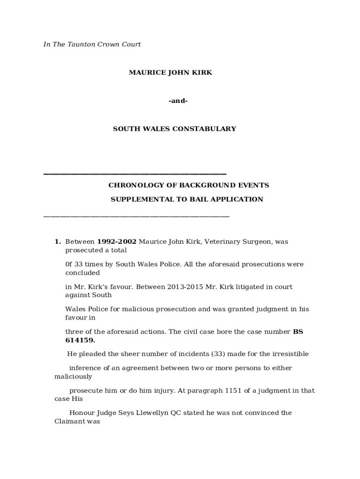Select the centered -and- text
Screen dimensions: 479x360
point(178,101)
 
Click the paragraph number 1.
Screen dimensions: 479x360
point(58,242)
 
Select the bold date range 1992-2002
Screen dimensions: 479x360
point(116,242)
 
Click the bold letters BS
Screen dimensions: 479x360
point(298,332)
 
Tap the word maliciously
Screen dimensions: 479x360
point(73,377)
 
